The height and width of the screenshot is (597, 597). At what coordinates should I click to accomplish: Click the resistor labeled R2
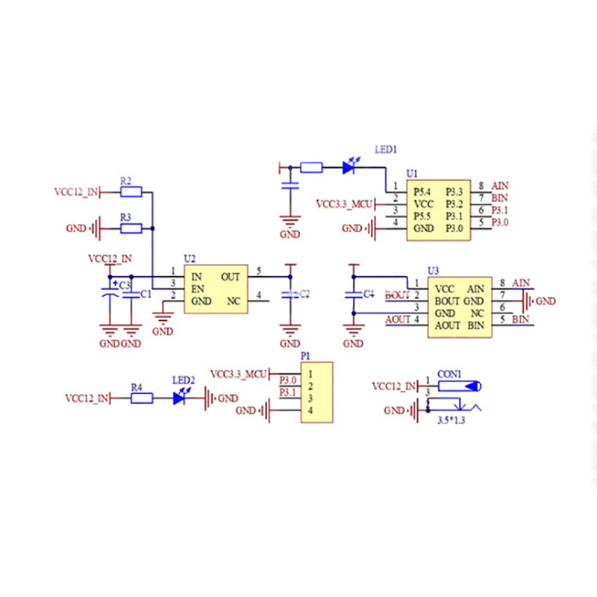pyautogui.click(x=131, y=192)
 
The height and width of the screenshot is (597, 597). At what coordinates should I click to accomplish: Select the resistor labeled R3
pyautogui.click(x=131, y=228)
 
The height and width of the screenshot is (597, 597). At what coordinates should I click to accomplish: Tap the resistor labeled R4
pyautogui.click(x=142, y=398)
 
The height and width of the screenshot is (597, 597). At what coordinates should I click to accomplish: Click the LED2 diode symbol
pyautogui.click(x=179, y=398)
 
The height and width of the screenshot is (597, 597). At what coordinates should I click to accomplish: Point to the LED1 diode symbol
pyautogui.click(x=348, y=168)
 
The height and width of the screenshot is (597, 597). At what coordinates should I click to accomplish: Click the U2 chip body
pyautogui.click(x=216, y=289)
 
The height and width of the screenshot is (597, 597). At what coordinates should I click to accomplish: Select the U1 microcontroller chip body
pyautogui.click(x=437, y=210)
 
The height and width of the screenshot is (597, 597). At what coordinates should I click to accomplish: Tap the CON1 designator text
pyautogui.click(x=450, y=374)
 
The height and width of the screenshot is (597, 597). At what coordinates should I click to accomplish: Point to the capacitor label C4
pyautogui.click(x=368, y=294)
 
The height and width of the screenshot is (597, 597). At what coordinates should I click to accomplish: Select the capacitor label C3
pyautogui.click(x=125, y=285)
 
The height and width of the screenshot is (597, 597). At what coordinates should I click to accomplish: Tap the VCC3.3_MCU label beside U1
pyautogui.click(x=344, y=203)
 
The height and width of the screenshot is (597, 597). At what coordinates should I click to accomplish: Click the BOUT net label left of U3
pyautogui.click(x=397, y=296)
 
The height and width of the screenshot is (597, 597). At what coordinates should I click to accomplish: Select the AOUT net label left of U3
pyautogui.click(x=398, y=320)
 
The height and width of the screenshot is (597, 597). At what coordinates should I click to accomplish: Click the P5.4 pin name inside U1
pyautogui.click(x=423, y=192)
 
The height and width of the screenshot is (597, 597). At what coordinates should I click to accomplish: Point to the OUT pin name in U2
pyautogui.click(x=230, y=276)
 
